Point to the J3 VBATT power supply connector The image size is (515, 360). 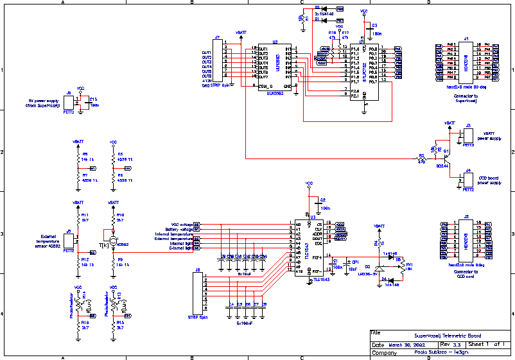[x=468, y=135]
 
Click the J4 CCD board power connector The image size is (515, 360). [x=468, y=180]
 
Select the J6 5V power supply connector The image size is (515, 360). [x=69, y=103]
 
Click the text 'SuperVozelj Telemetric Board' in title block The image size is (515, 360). [x=447, y=336]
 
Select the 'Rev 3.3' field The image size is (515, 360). [x=450, y=345]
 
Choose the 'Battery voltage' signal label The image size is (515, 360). [x=178, y=229]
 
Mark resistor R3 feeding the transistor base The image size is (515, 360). [x=421, y=158]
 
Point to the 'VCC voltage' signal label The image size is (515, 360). [x=179, y=223]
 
